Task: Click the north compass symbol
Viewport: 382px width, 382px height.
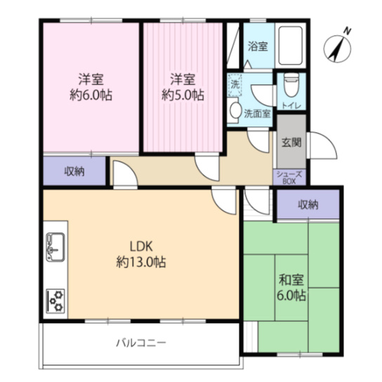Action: (338, 46)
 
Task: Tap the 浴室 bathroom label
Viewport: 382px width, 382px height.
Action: (258, 47)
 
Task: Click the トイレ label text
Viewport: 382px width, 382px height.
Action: (291, 105)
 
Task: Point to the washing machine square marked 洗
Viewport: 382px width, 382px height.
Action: (235, 83)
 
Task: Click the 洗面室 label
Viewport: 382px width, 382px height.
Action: (257, 112)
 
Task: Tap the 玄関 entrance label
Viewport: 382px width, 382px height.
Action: (291, 142)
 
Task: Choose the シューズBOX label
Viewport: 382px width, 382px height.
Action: (289, 177)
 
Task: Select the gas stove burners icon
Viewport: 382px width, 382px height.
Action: (55, 301)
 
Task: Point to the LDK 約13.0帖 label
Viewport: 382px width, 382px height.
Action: (141, 253)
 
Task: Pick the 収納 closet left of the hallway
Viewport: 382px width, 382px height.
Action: (74, 171)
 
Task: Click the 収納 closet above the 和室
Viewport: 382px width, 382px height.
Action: (308, 204)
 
